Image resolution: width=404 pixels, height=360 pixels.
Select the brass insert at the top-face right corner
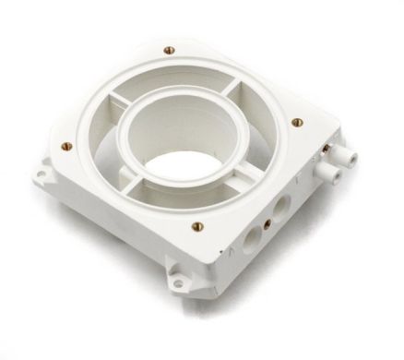[296, 121]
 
